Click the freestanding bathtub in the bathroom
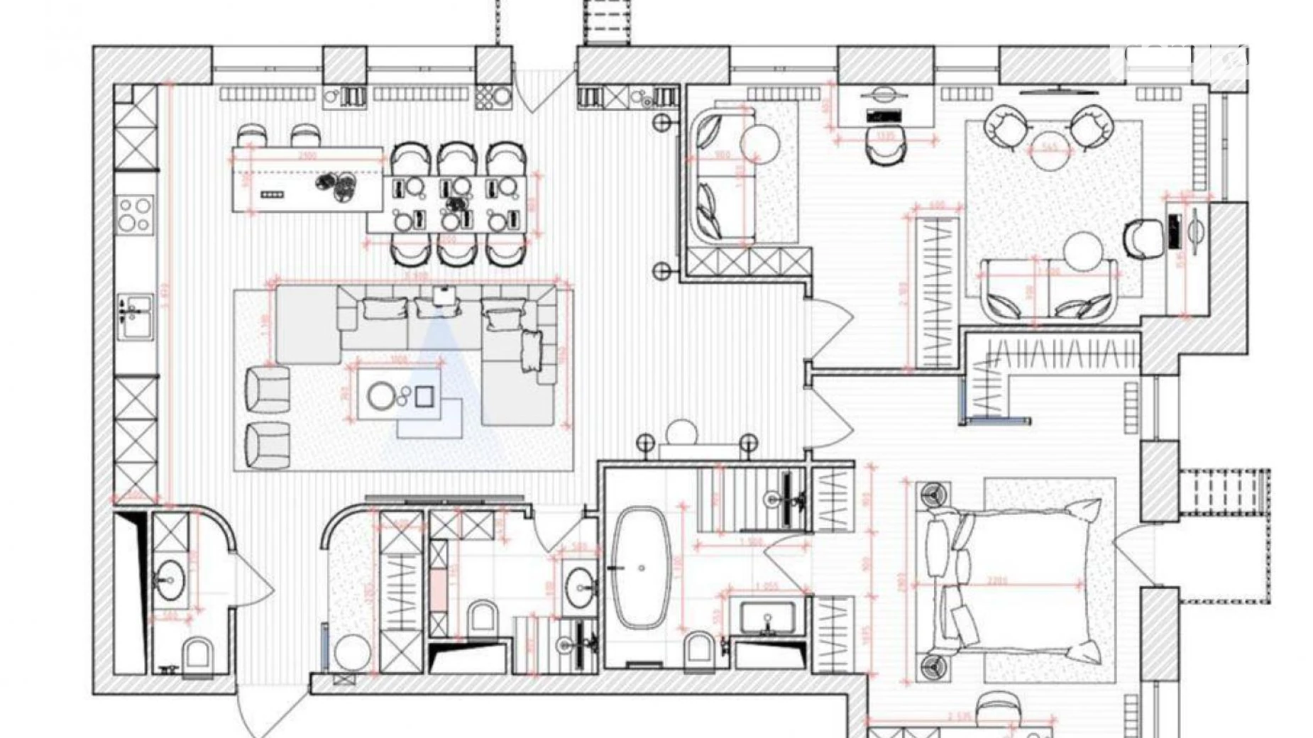coord(641,568)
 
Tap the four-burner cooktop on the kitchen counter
coord(135,214)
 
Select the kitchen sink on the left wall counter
coord(135,310)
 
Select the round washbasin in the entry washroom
coord(170,580)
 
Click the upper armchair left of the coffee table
coord(268,389)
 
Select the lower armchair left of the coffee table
coord(268,445)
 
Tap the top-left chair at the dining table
coord(410,158)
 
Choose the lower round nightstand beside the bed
coord(932,668)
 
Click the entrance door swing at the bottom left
coord(266,713)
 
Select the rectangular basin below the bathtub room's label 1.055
coord(767,617)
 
